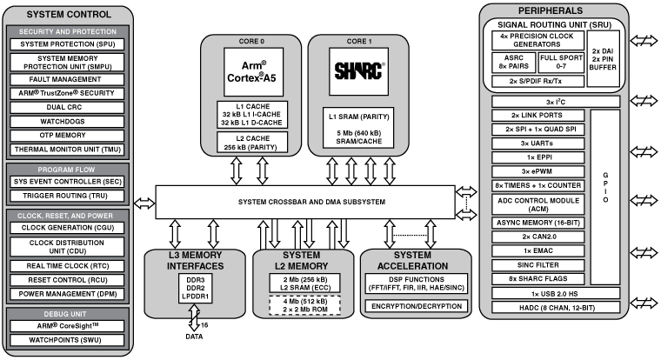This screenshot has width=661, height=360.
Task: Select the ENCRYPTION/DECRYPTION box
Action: [x=416, y=306]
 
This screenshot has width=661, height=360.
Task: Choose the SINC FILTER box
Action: [x=538, y=265]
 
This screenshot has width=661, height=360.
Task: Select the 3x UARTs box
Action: [x=538, y=142]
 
